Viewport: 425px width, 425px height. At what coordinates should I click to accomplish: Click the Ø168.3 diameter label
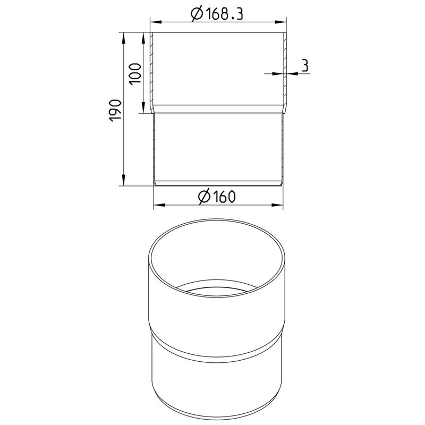217,14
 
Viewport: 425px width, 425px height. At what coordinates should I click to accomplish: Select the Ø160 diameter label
217,196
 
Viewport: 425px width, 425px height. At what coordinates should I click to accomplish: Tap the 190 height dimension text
115,110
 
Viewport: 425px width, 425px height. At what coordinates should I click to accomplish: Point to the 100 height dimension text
135,74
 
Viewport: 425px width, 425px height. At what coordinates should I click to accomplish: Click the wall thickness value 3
305,66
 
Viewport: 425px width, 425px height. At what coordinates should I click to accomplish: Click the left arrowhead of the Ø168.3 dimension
156,22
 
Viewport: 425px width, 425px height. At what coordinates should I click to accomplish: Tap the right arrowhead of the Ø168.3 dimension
281,22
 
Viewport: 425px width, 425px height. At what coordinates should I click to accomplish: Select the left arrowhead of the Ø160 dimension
159,205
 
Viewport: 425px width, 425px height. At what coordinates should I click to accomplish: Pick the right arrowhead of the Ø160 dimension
277,205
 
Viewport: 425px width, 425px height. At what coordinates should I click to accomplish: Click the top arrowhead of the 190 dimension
123,38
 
